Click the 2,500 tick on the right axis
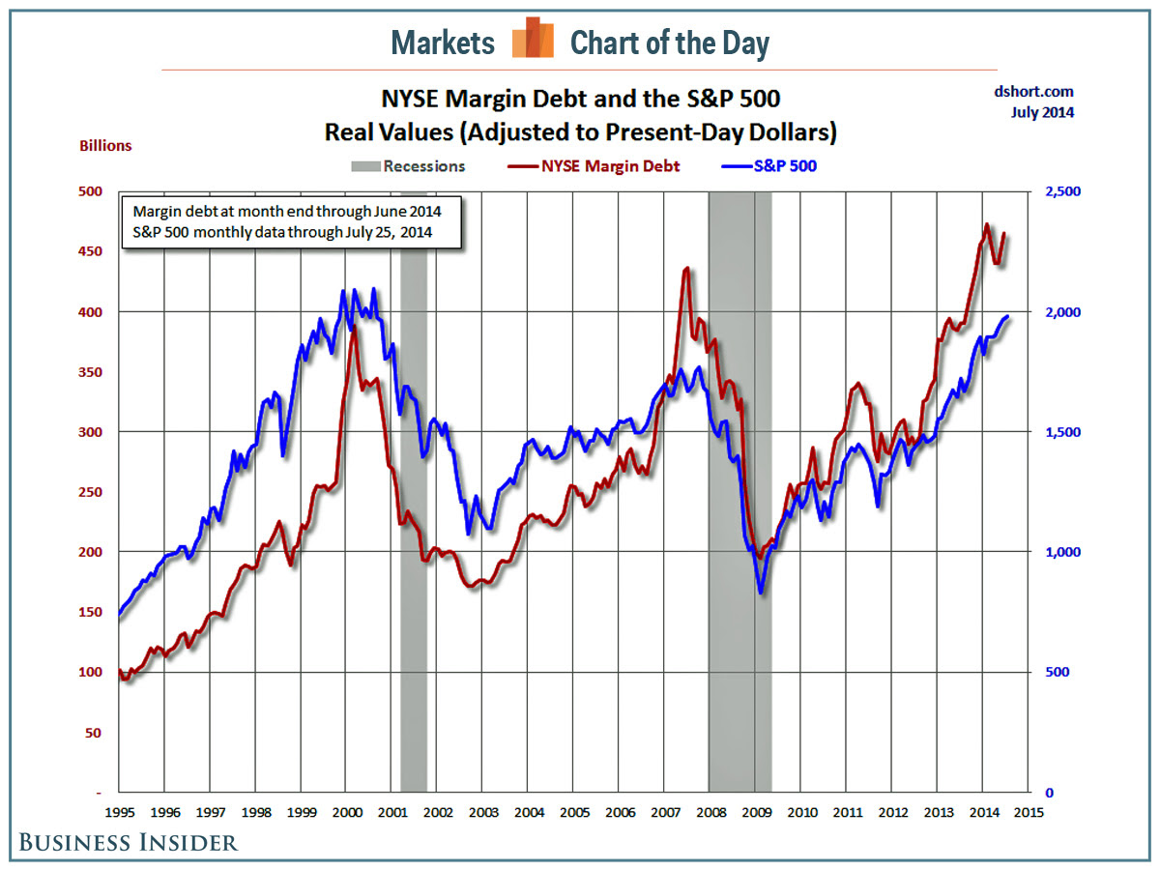pyautogui.click(x=1063, y=191)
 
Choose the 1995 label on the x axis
pyautogui.click(x=119, y=812)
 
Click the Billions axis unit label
pyautogui.click(x=106, y=146)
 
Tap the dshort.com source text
pyautogui.click(x=1033, y=92)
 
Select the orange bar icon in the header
pyautogui.click(x=533, y=39)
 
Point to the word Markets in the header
pyautogui.click(x=444, y=43)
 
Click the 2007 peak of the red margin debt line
pyautogui.click(x=686, y=269)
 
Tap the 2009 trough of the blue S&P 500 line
pyautogui.click(x=762, y=593)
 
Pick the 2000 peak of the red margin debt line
pyautogui.click(x=354, y=328)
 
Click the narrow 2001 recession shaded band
pyautogui.click(x=414, y=483)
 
